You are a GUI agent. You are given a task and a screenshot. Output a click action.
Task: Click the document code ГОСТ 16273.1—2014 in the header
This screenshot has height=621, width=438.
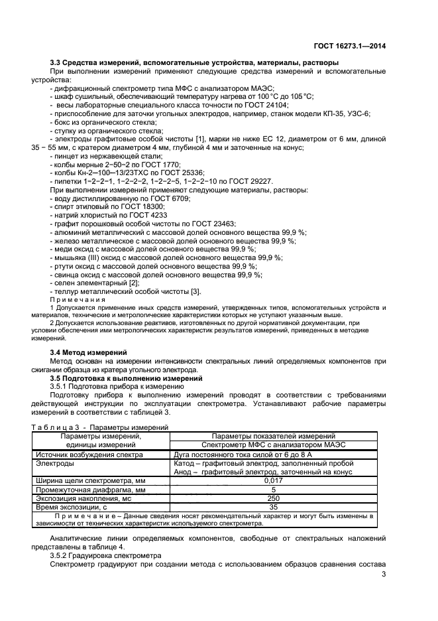[x=349, y=46]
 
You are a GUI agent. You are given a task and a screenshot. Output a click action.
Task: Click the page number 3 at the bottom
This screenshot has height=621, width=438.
[x=384, y=574]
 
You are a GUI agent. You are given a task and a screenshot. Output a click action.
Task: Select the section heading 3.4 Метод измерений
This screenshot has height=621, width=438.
[x=89, y=352]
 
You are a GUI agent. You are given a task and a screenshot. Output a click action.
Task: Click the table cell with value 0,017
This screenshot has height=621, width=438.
[x=273, y=479]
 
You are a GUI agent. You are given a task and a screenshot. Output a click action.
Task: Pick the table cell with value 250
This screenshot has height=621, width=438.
[x=273, y=497]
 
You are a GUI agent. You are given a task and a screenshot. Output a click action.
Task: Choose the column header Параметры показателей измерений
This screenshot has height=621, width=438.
[x=273, y=436]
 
